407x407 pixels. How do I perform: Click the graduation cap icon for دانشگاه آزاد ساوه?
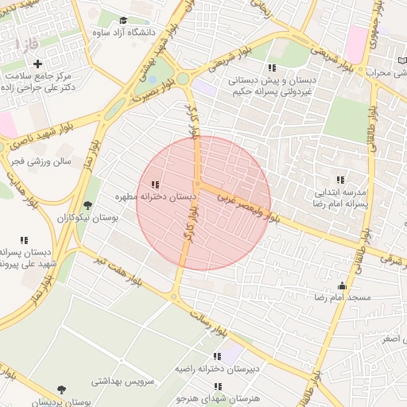(123, 20)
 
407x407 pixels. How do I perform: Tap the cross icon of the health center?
(37, 63)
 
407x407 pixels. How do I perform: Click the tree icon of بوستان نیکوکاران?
(87, 205)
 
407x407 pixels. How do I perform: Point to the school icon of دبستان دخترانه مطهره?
(154, 184)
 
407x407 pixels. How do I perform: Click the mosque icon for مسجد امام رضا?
(343, 285)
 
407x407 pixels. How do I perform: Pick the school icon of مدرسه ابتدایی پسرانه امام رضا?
(341, 180)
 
